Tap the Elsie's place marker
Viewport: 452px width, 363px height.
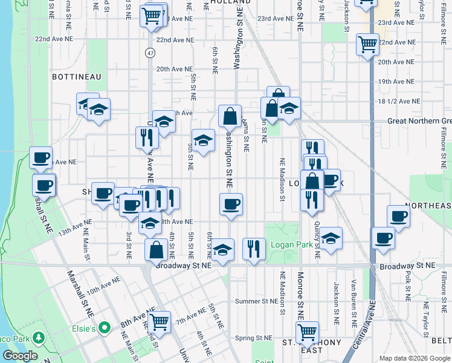tap(105, 329)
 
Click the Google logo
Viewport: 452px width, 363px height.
tap(20, 356)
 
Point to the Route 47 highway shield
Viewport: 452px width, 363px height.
tap(149, 53)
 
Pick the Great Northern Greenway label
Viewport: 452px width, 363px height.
tap(419, 121)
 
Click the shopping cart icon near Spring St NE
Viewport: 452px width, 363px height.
tap(307, 332)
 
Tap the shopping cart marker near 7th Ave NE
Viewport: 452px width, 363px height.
tap(159, 321)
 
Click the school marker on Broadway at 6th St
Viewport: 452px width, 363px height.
tap(222, 249)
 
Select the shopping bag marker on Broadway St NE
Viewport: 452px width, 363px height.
tap(157, 248)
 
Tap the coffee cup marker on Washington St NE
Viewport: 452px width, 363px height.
tap(230, 203)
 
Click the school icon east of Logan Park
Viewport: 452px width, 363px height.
tap(331, 238)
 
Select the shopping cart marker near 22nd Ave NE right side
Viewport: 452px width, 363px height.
tap(367, 44)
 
